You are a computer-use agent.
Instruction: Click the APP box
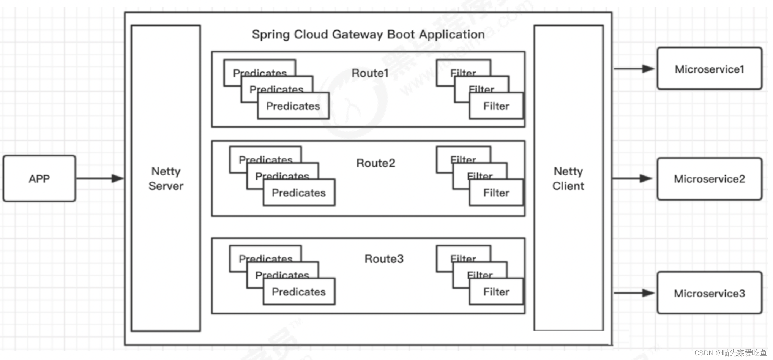(x=39, y=178)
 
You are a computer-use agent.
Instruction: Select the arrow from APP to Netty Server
(x=99, y=178)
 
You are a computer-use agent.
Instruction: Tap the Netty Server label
(x=166, y=178)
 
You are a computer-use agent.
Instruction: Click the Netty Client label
(x=568, y=178)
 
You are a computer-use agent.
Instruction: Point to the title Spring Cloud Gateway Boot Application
(x=368, y=35)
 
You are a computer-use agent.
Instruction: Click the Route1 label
(x=370, y=73)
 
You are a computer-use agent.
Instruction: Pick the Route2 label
(x=375, y=163)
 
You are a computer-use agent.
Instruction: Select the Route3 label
(x=384, y=259)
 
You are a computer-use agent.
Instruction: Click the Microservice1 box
(x=709, y=69)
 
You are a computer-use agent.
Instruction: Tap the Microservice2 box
(x=709, y=178)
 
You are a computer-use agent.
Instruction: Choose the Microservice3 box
(x=709, y=293)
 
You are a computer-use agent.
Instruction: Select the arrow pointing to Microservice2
(x=633, y=178)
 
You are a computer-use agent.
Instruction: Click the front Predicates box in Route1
(x=293, y=106)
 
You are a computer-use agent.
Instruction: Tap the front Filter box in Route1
(x=496, y=106)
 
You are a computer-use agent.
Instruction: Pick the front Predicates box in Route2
(x=299, y=193)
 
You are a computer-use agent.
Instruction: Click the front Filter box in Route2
(x=496, y=193)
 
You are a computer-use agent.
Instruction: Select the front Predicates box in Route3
(x=299, y=292)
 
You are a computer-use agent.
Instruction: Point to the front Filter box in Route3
(x=496, y=292)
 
